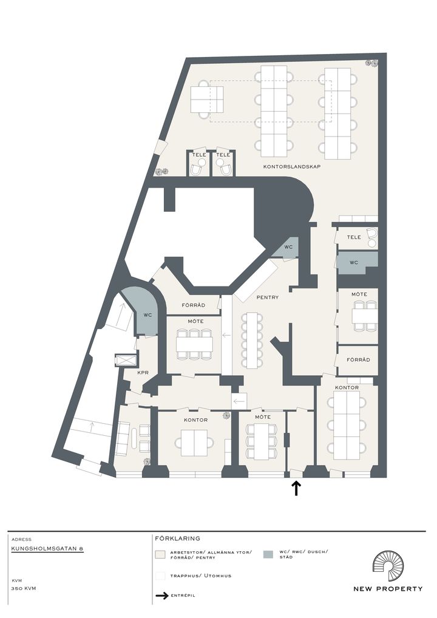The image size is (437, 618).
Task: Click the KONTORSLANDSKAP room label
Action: (x=291, y=167)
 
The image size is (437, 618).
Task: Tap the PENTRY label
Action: (x=268, y=297)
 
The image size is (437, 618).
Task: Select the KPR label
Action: (x=142, y=372)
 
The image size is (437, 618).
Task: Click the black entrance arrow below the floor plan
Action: (x=296, y=488)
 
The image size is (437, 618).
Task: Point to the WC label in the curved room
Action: (x=147, y=315)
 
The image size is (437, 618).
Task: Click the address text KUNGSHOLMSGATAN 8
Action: (x=47, y=548)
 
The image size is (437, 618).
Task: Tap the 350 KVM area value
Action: (x=24, y=588)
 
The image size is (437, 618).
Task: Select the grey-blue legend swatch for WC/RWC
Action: (x=268, y=554)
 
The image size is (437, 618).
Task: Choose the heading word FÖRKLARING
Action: (x=177, y=538)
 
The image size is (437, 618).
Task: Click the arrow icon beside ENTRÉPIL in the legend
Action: (x=162, y=596)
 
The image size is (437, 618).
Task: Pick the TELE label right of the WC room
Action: (x=354, y=237)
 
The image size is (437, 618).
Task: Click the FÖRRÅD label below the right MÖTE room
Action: (x=358, y=360)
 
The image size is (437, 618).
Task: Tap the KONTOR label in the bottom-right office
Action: (x=347, y=387)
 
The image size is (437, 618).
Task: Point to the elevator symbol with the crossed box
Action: (x=125, y=360)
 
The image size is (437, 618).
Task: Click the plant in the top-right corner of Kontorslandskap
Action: (x=371, y=63)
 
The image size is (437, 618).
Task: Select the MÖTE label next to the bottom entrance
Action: (x=263, y=417)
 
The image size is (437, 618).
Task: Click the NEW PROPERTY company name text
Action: (x=388, y=589)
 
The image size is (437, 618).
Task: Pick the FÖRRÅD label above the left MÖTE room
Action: (x=194, y=305)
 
